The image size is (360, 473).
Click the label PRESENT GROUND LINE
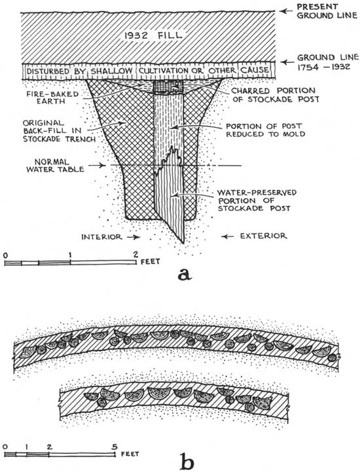(x=327, y=11)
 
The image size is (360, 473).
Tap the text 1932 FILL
(x=153, y=35)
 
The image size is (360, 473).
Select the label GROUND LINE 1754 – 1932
(x=328, y=62)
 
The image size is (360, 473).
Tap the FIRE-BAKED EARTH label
(x=53, y=97)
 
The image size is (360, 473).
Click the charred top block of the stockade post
(x=168, y=87)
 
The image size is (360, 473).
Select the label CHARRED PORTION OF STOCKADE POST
(x=276, y=95)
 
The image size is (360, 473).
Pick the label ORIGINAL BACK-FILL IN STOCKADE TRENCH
(x=59, y=131)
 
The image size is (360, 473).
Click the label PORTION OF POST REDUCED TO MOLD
(x=265, y=130)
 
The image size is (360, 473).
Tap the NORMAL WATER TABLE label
(x=56, y=166)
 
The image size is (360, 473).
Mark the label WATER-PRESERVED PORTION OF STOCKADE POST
(x=257, y=200)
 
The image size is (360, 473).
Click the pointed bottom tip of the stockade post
(x=183, y=243)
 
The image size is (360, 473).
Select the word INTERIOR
(x=101, y=236)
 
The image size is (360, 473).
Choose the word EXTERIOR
(x=263, y=236)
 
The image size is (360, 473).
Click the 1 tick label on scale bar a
(x=70, y=254)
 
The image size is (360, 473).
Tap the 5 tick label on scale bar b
(x=114, y=447)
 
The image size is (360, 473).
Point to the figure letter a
(x=185, y=274)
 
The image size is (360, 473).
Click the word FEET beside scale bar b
(x=130, y=454)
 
